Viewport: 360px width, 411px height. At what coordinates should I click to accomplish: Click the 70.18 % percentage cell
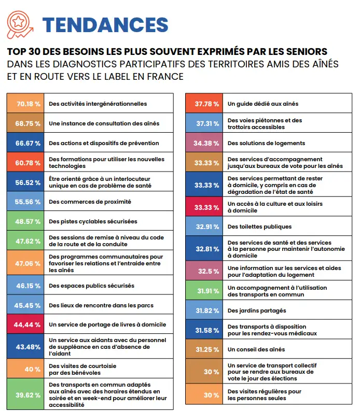(x=25, y=103)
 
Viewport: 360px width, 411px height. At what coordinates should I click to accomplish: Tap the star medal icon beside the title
(x=20, y=24)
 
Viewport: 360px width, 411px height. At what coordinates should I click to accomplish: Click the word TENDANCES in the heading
(x=105, y=25)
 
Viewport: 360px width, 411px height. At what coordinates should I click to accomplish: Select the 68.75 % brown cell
(x=25, y=123)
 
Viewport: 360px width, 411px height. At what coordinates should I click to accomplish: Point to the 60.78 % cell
(x=25, y=162)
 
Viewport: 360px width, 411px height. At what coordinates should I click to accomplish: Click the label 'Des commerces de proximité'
(x=90, y=202)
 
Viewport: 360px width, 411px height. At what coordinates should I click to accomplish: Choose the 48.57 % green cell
(x=25, y=221)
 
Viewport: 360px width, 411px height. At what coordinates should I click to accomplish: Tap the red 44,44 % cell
(x=25, y=324)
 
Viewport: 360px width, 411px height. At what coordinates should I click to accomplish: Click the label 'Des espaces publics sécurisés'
(x=92, y=286)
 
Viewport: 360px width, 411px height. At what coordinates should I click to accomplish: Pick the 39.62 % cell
(x=25, y=394)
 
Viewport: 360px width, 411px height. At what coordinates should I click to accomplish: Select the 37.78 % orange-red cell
(x=204, y=103)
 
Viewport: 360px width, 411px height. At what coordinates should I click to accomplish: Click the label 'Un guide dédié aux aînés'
(x=263, y=104)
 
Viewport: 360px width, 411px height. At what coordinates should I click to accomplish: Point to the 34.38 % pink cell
(x=204, y=143)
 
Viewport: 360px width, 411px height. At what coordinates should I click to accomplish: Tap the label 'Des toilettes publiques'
(x=259, y=226)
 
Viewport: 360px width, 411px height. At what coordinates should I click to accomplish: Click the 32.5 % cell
(x=204, y=271)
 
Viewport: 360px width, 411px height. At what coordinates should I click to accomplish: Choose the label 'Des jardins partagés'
(x=257, y=310)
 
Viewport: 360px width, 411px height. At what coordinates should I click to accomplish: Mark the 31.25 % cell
(x=204, y=349)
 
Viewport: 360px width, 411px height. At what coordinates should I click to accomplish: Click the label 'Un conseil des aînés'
(x=256, y=349)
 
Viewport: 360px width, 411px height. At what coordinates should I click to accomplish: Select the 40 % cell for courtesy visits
(x=25, y=369)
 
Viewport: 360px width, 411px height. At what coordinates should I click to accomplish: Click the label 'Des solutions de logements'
(x=266, y=143)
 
